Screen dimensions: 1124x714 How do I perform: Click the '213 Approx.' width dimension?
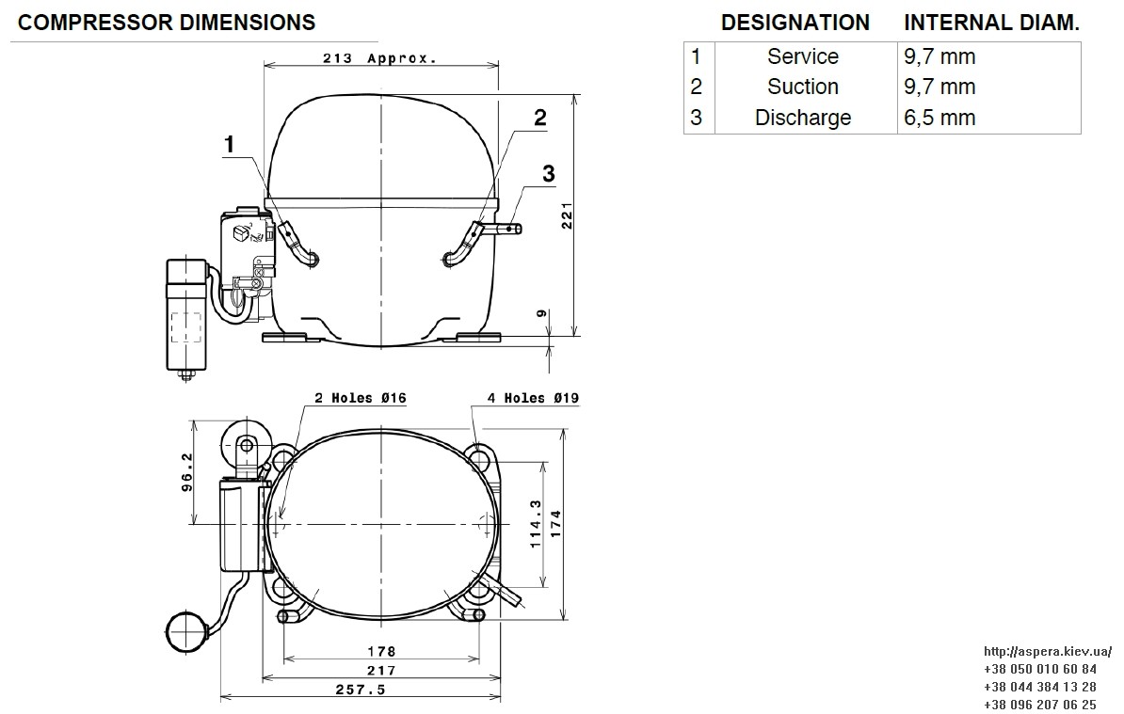(x=379, y=58)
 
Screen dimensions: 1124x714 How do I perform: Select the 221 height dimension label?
(x=567, y=214)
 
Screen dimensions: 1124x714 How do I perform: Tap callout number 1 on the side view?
(x=230, y=145)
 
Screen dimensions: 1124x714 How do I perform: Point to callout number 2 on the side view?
(x=539, y=118)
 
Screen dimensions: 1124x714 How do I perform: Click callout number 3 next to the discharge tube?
(x=549, y=173)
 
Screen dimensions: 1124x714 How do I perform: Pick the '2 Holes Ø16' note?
(x=361, y=398)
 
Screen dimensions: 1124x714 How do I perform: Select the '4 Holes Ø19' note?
(x=534, y=398)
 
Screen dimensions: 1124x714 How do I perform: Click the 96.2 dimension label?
(x=187, y=472)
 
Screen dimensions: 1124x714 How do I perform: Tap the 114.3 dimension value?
(x=535, y=523)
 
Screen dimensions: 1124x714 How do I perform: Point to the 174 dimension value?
(x=556, y=523)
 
